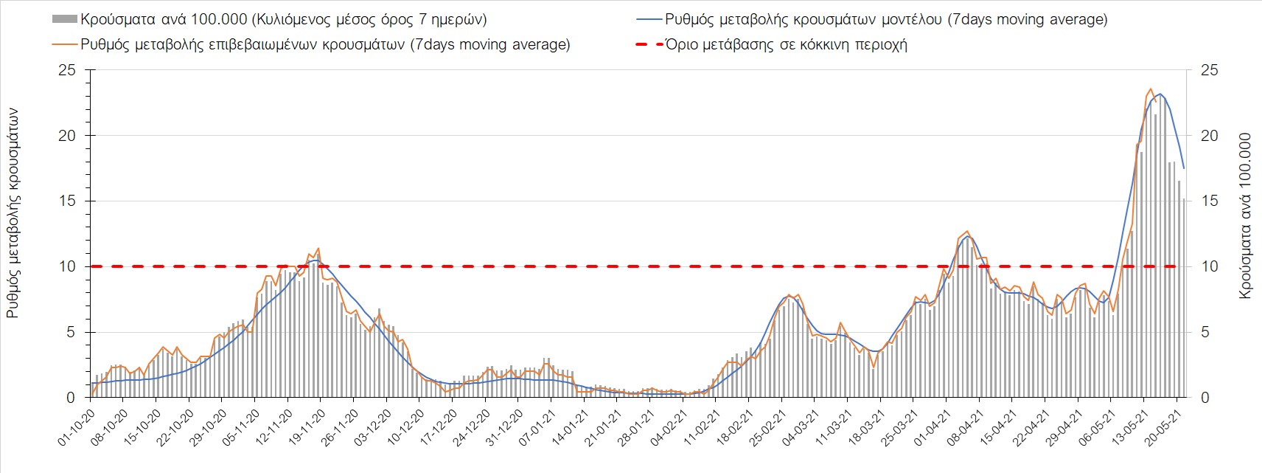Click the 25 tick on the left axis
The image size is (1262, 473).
67,70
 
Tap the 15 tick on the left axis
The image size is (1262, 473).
67,201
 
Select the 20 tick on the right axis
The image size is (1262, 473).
1210,136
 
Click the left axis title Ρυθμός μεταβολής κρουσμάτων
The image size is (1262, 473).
13,213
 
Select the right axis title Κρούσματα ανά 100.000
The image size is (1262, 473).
1245,215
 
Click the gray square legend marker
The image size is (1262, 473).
65,19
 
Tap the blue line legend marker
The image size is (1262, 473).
649,19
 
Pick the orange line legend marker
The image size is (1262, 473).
65,44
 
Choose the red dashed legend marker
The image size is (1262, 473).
649,44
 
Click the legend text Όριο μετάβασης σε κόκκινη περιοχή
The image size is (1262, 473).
786,44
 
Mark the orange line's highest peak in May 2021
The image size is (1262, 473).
1151,89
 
